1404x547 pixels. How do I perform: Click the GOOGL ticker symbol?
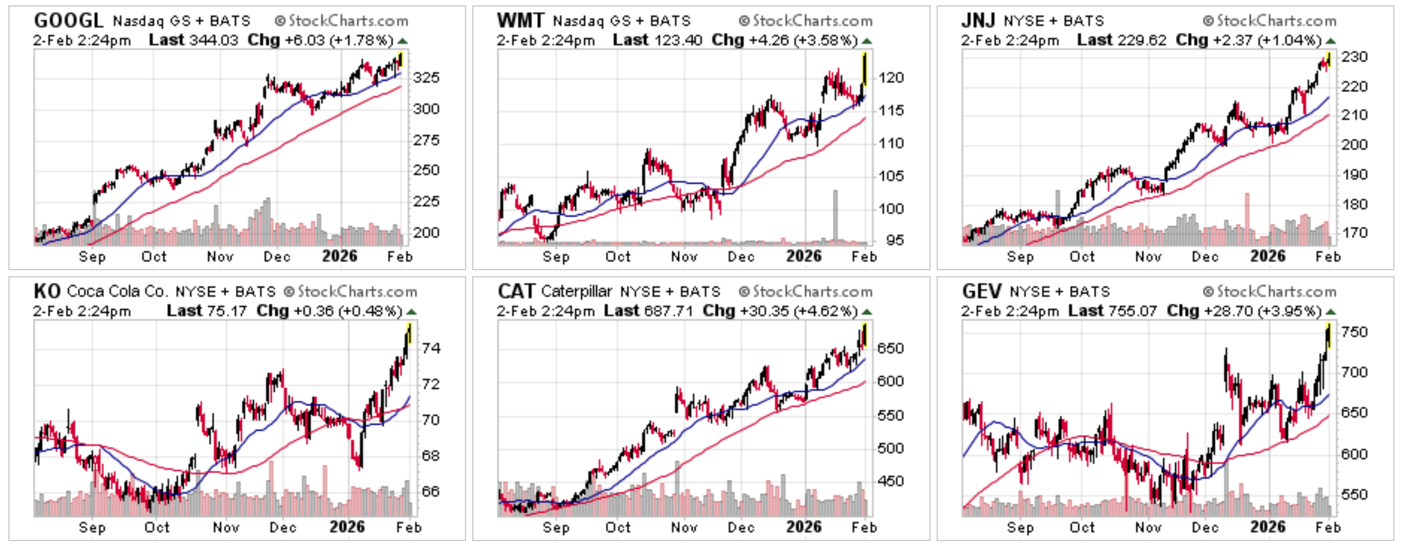pyautogui.click(x=68, y=20)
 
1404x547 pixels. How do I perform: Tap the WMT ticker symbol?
pyautogui.click(x=520, y=20)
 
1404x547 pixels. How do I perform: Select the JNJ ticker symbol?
pyautogui.click(x=978, y=20)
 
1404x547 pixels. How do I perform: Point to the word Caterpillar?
pyautogui.click(x=576, y=291)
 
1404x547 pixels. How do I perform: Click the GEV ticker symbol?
pyautogui.click(x=981, y=291)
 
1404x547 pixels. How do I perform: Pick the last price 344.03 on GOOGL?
pyautogui.click(x=213, y=41)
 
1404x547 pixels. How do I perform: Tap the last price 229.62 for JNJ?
pyautogui.click(x=1142, y=41)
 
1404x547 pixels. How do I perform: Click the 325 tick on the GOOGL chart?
pyautogui.click(x=426, y=78)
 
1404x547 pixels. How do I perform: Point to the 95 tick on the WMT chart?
pyautogui.click(x=895, y=240)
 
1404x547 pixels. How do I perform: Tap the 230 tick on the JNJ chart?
pyautogui.click(x=1354, y=57)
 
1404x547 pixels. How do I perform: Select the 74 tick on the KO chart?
pyautogui.click(x=430, y=348)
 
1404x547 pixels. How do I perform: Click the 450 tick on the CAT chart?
pyautogui.click(x=890, y=481)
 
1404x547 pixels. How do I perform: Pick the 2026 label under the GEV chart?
pyautogui.click(x=1267, y=527)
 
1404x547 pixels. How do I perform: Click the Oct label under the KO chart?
pyautogui.click(x=157, y=527)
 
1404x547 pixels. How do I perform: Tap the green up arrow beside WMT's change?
pyautogui.click(x=867, y=41)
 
